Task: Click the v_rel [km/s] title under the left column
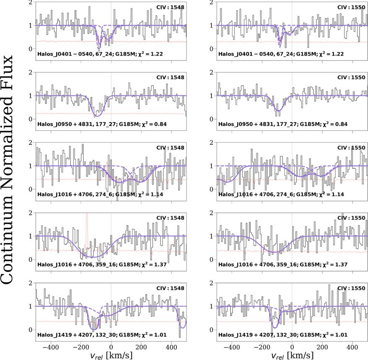point(111,355)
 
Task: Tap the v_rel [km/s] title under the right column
point(292,355)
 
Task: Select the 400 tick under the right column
point(352,347)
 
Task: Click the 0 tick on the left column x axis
point(111,347)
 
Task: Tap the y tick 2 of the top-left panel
point(30,2)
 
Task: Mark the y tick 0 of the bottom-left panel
point(30,330)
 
